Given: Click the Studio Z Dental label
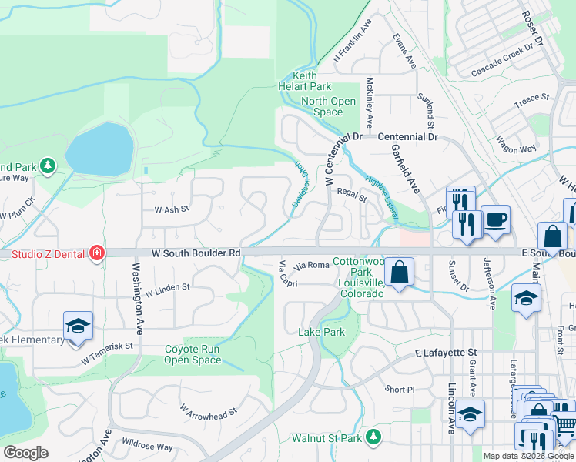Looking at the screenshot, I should pyautogui.click(x=42, y=252).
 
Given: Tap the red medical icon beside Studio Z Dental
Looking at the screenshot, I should pyautogui.click(x=96, y=253).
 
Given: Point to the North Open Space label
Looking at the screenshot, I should pyautogui.click(x=328, y=106).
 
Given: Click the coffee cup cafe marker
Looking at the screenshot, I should pyautogui.click(x=495, y=219).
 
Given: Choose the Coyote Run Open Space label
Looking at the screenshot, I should pyautogui.click(x=193, y=354).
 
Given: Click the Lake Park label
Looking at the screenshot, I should pyautogui.click(x=321, y=332).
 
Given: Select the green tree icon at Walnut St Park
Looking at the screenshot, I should pyautogui.click(x=373, y=437).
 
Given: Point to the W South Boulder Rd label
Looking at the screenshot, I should pyautogui.click(x=198, y=252).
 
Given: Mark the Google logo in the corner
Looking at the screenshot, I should pyautogui.click(x=25, y=453).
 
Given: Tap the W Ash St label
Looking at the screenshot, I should pyautogui.click(x=172, y=209).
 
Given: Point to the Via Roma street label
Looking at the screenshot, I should pyautogui.click(x=312, y=265).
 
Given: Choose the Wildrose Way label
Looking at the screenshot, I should pyautogui.click(x=147, y=446).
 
